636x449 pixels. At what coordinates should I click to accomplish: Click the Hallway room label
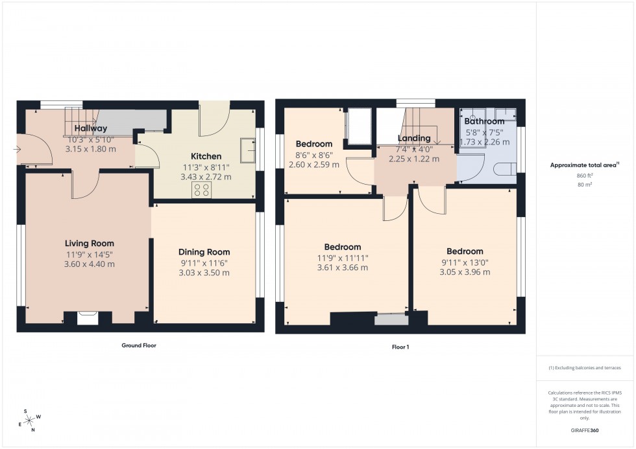[x=90, y=128]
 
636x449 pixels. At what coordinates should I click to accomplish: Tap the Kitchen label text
[x=206, y=156]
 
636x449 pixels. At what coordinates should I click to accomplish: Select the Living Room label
[x=90, y=244]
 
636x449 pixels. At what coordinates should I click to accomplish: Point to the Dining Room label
[x=204, y=252]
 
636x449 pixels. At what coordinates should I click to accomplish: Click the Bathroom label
[x=484, y=121]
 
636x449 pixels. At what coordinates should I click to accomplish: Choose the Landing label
[x=413, y=138]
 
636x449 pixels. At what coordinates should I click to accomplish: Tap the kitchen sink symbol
[x=247, y=150]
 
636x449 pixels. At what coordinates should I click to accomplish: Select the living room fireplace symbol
[x=86, y=317]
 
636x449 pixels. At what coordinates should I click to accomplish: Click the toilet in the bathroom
[x=504, y=170]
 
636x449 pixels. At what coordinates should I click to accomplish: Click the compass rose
[x=28, y=420]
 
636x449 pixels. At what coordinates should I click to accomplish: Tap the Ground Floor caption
[x=139, y=345]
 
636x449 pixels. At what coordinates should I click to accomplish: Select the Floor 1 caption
[x=400, y=347]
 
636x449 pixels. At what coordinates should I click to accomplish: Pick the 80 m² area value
[x=586, y=185]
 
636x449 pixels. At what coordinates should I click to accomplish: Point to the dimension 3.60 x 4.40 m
[x=90, y=264]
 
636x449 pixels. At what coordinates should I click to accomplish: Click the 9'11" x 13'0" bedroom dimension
[x=464, y=262]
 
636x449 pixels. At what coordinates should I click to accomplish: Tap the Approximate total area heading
[x=584, y=165]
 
